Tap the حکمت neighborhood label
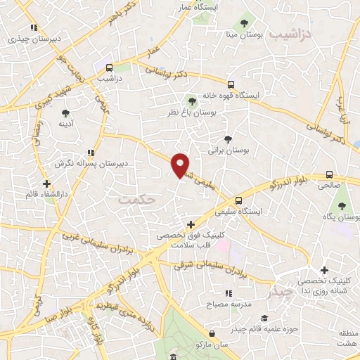point(136,199)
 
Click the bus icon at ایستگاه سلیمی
point(240,200)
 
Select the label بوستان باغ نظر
point(192,112)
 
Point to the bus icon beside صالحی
point(330,175)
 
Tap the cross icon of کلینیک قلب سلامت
point(190,225)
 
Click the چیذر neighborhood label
point(275,289)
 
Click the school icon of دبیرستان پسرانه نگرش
point(91,152)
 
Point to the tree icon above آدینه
point(65,112)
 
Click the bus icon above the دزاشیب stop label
point(109,68)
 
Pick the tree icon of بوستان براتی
point(227,139)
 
